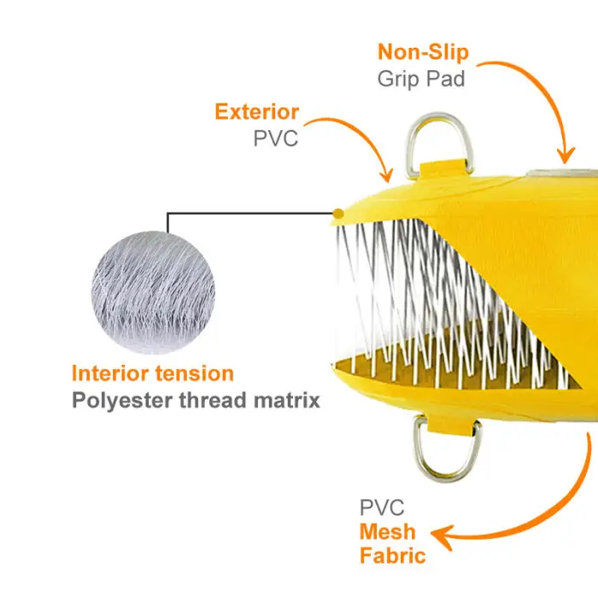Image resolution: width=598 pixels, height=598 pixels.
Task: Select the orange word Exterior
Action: click(256, 112)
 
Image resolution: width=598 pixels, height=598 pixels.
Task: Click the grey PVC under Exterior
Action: click(276, 138)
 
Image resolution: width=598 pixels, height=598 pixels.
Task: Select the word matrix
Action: click(289, 400)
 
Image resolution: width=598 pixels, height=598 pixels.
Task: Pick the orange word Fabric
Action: click(392, 556)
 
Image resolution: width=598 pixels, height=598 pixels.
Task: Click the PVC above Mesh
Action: click(382, 507)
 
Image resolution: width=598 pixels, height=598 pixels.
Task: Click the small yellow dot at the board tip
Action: click(339, 212)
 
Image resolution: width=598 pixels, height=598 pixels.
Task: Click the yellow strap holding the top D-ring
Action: click(443, 164)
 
